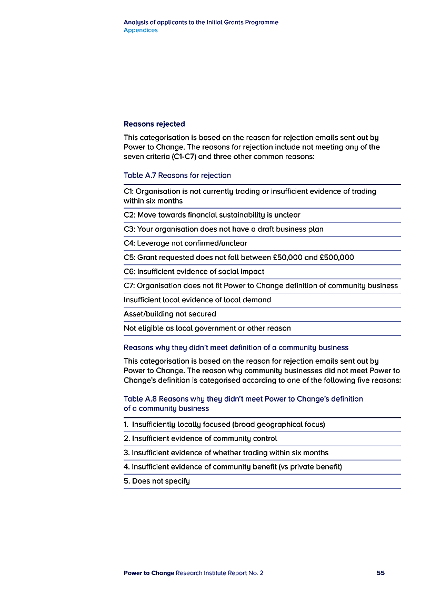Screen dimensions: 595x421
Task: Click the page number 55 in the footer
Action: [x=380, y=573]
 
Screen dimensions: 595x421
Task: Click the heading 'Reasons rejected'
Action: [x=154, y=124]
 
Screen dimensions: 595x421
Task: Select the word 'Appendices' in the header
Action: [x=141, y=30]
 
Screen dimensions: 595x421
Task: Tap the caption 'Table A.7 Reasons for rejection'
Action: [x=177, y=175]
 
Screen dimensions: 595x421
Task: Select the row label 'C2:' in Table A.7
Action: [x=129, y=215]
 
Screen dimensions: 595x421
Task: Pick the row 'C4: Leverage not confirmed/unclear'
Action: [x=185, y=243]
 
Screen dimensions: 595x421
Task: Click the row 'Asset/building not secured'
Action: [x=169, y=314]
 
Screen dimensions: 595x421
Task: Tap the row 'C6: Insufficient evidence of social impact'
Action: [x=194, y=272]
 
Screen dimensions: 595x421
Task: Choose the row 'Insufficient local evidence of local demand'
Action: [x=197, y=300]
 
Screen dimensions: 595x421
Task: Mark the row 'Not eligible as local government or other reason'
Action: [x=207, y=328]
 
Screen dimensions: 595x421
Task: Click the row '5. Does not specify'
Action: [x=156, y=481]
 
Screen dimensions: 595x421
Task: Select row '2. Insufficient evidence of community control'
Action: [x=200, y=438]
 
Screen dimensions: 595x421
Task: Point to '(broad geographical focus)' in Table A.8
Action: [x=279, y=424]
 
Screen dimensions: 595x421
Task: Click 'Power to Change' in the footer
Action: [x=148, y=573]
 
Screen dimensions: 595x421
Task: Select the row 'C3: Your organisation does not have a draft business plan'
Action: [x=223, y=229]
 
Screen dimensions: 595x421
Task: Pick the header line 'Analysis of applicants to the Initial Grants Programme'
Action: [x=201, y=23]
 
